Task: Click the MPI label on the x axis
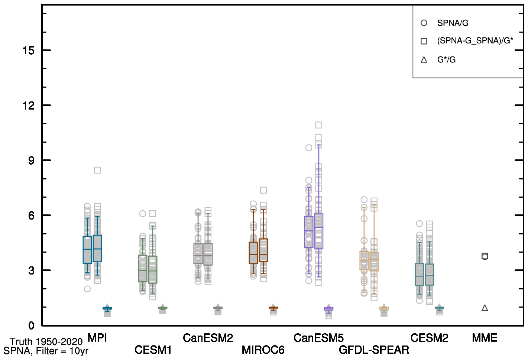click(97, 338)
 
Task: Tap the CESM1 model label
click(153, 350)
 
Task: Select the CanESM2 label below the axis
click(208, 338)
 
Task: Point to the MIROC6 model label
click(263, 350)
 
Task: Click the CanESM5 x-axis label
click(318, 338)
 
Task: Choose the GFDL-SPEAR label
click(374, 350)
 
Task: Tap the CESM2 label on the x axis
click(429, 338)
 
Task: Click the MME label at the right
click(485, 338)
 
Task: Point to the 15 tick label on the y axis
click(29, 51)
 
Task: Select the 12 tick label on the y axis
click(29, 106)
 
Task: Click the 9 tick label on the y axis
click(31, 160)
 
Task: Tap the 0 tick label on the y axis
click(31, 325)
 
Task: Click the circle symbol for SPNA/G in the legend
click(424, 23)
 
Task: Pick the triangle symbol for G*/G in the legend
click(424, 59)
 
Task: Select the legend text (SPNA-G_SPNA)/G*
click(475, 41)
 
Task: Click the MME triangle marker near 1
click(485, 308)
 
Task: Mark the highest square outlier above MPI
click(97, 170)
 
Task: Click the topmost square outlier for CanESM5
click(318, 125)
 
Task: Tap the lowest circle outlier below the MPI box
click(87, 289)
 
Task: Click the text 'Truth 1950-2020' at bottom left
click(46, 341)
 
